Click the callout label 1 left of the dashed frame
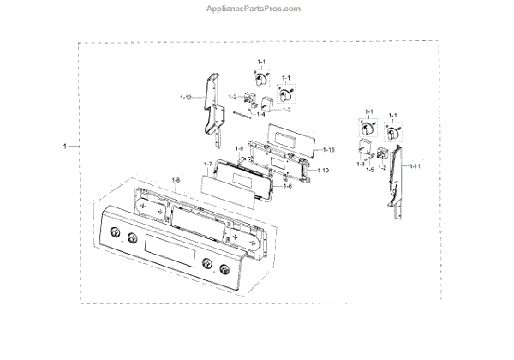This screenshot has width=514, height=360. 65,147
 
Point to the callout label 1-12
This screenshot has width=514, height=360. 185,100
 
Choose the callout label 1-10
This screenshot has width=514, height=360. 323,171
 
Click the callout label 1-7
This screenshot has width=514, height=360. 207,164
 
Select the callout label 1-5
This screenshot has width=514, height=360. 370,170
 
